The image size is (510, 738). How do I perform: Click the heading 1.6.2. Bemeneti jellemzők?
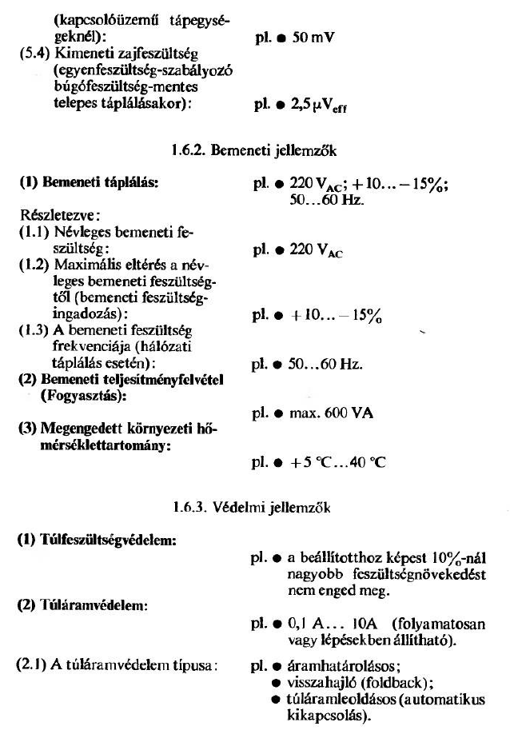point(268,149)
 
